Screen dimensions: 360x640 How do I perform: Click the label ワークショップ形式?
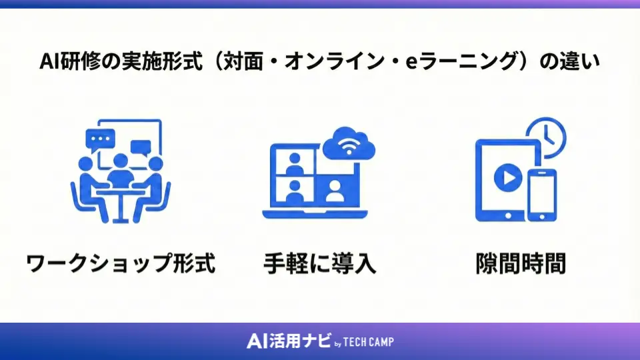pos(121,263)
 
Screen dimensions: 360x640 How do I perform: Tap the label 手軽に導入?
pos(320,263)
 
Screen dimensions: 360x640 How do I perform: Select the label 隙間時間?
pos(521,263)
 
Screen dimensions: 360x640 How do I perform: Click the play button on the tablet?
pos(506,179)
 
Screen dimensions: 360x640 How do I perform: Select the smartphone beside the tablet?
pos(541,195)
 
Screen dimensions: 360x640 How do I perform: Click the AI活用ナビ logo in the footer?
pos(288,341)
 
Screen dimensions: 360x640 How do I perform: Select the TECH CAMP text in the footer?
pos(369,342)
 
